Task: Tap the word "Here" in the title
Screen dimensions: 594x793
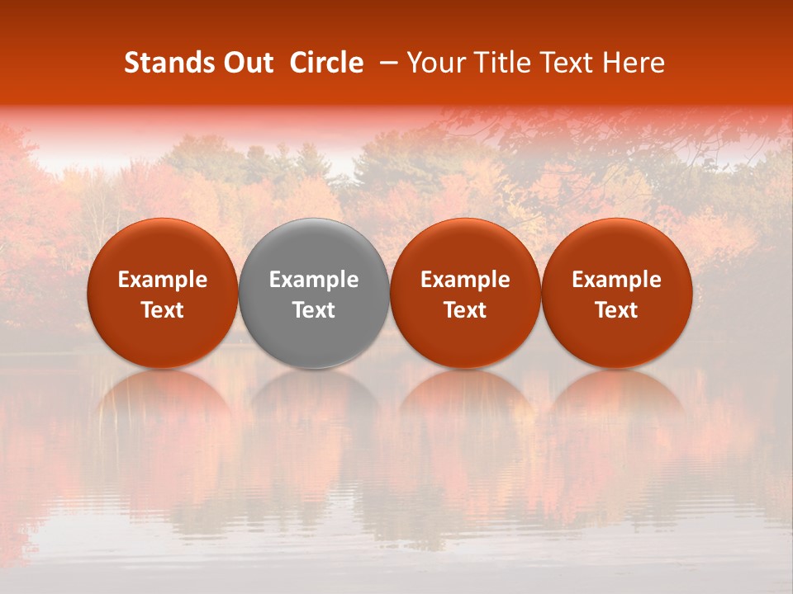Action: pyautogui.click(x=634, y=63)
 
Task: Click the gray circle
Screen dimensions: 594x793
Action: pyautogui.click(x=314, y=247)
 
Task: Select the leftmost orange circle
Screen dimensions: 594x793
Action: pyautogui.click(x=162, y=247)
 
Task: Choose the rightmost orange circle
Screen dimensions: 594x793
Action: pyautogui.click(x=617, y=247)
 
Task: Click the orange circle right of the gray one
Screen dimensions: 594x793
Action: pyautogui.click(x=465, y=247)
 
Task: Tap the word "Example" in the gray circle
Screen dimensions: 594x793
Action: pyautogui.click(x=314, y=280)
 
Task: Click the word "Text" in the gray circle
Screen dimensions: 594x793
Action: pyautogui.click(x=314, y=310)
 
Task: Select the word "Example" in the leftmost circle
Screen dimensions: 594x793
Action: pyautogui.click(x=162, y=280)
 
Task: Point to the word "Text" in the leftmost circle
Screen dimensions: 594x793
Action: pyautogui.click(x=162, y=310)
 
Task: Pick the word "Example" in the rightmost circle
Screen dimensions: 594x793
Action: pyautogui.click(x=617, y=280)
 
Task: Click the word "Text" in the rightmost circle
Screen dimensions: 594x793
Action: pyautogui.click(x=617, y=310)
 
